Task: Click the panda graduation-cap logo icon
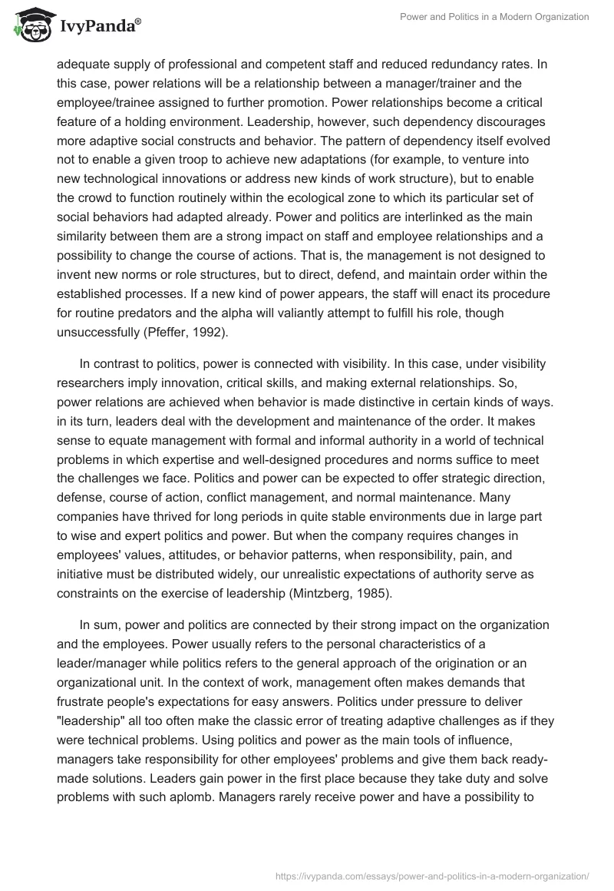pyautogui.click(x=28, y=26)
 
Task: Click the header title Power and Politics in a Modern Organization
pyautogui.click(x=495, y=16)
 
